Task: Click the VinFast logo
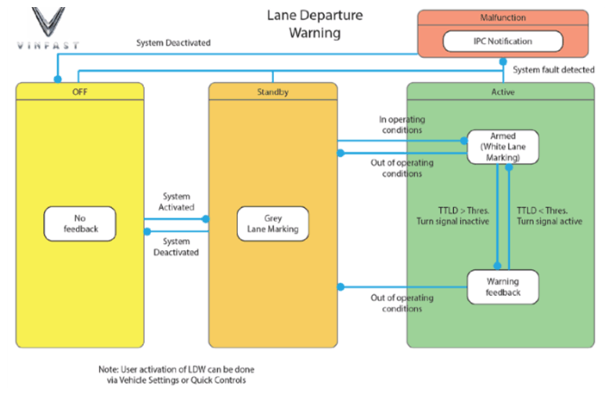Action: click(48, 28)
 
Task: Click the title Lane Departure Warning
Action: click(315, 23)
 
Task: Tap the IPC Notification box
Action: click(502, 41)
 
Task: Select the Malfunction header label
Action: click(502, 17)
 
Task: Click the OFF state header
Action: click(80, 92)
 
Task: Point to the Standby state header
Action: click(273, 92)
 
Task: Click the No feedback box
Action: click(80, 224)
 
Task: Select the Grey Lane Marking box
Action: click(273, 224)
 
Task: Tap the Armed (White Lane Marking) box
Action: click(502, 146)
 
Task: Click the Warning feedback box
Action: click(502, 287)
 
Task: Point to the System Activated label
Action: click(176, 202)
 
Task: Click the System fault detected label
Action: click(553, 70)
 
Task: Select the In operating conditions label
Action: click(402, 124)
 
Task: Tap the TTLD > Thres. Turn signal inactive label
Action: click(453, 216)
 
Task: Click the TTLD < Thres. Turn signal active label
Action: click(549, 216)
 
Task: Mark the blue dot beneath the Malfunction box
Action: click(503, 62)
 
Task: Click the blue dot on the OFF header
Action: click(58, 79)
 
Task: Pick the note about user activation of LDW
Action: click(176, 375)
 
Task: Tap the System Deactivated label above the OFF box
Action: click(173, 43)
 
